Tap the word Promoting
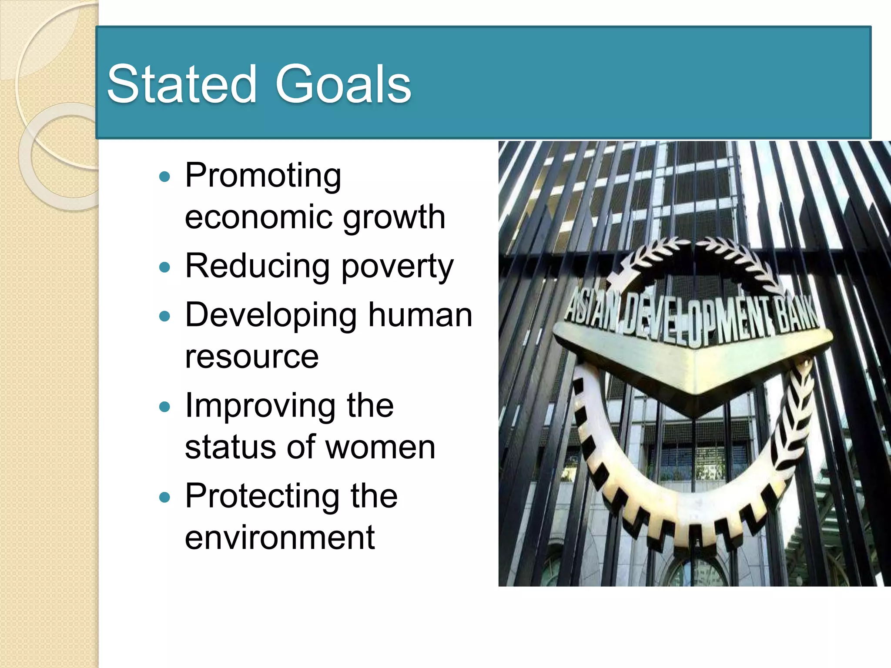pyautogui.click(x=263, y=176)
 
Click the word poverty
pyautogui.click(x=397, y=267)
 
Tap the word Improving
pyautogui.click(x=260, y=406)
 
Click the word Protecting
pyautogui.click(x=262, y=497)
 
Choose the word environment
pyautogui.click(x=280, y=538)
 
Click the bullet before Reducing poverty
pyautogui.click(x=164, y=267)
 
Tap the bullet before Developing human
pyautogui.click(x=164, y=316)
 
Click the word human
pyautogui.click(x=420, y=315)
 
